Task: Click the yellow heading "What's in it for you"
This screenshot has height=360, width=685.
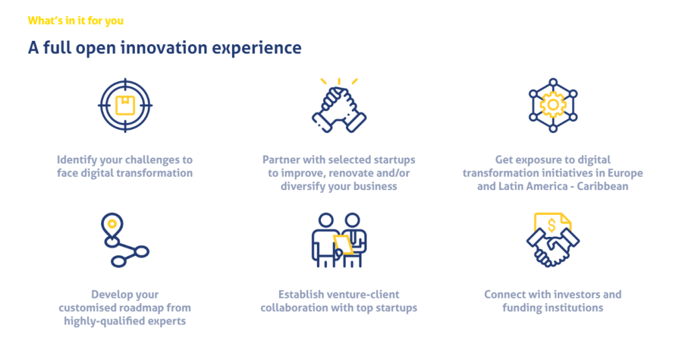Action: [x=76, y=21]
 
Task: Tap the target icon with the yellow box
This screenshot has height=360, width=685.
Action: [x=125, y=105]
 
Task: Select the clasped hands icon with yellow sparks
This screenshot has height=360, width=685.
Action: [x=339, y=106]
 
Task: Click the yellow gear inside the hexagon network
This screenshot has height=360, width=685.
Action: [x=553, y=105]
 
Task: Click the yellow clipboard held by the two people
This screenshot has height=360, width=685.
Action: [x=343, y=244]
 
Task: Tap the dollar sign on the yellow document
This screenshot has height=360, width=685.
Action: [x=552, y=226]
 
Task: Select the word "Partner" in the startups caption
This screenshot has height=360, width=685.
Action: [x=281, y=160]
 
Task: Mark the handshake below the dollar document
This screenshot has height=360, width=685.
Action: [x=553, y=248]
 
